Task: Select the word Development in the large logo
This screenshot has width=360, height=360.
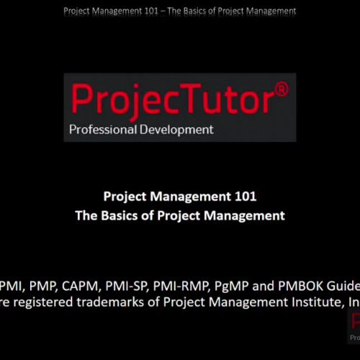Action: pyautogui.click(x=176, y=130)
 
